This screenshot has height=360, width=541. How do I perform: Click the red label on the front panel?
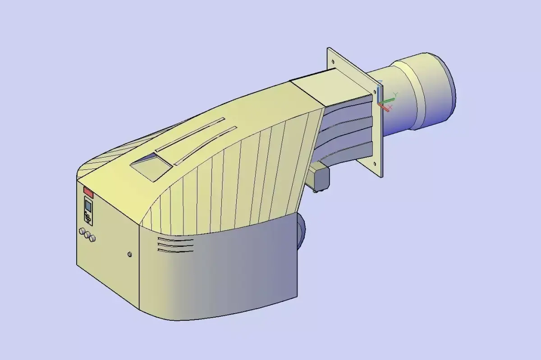(x=88, y=193)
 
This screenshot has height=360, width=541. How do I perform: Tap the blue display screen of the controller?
(x=88, y=206)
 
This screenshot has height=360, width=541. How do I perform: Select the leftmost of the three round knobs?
(x=82, y=232)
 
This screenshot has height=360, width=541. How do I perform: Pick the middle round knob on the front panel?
(x=87, y=235)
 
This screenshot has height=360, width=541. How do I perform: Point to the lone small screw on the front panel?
(x=130, y=255)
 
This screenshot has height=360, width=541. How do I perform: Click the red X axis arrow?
(x=384, y=107)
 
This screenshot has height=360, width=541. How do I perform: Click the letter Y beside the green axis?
(x=395, y=94)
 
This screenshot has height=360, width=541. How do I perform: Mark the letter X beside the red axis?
(x=390, y=107)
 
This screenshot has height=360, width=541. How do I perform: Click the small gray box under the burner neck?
(x=320, y=179)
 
